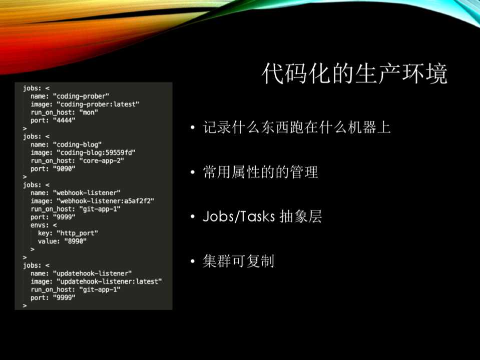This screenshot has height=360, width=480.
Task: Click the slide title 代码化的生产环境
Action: click(x=354, y=73)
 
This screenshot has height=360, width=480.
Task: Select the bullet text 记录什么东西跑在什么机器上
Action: click(x=296, y=127)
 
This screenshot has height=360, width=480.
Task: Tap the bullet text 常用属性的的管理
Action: click(x=260, y=172)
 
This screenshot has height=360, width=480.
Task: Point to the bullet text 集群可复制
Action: click(x=238, y=261)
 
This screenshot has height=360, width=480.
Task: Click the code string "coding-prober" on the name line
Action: click(x=81, y=96)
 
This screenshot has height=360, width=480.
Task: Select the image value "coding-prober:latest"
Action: click(x=98, y=104)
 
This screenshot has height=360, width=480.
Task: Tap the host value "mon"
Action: click(x=89, y=112)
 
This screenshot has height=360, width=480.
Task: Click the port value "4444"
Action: click(x=64, y=120)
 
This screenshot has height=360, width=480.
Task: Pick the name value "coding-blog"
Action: click(x=77, y=144)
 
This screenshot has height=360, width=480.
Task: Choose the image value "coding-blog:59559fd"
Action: click(x=96, y=152)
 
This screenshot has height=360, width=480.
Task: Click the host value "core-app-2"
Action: click(x=101, y=160)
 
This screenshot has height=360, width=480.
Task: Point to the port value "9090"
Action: click(x=64, y=168)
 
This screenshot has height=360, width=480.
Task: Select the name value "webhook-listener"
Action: click(x=87, y=193)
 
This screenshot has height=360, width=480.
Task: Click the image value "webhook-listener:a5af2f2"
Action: click(x=105, y=201)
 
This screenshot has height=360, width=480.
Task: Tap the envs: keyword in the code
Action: click(x=40, y=225)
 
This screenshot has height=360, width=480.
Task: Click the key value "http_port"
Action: click(x=77, y=233)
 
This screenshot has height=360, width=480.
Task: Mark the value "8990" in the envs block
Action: click(x=75, y=241)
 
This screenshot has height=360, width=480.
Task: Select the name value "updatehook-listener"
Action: click(x=92, y=273)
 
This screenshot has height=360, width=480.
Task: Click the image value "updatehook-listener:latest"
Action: click(x=109, y=281)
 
